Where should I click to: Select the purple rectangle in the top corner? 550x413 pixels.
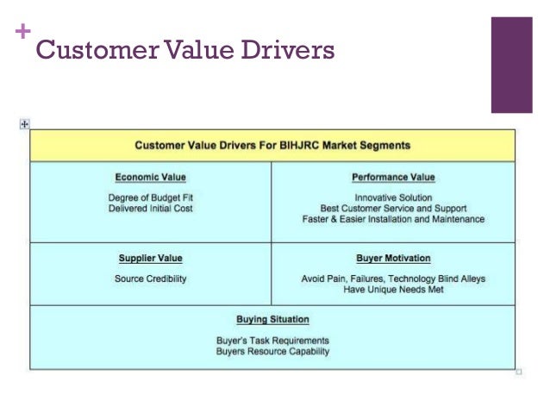coord(511,65)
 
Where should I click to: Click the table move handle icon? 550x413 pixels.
coord(24,124)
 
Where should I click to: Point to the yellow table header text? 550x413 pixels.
coord(272,145)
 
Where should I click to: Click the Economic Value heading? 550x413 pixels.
coord(151,178)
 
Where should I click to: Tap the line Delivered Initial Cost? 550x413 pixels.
coord(151,208)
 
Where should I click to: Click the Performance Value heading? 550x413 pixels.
coord(393,178)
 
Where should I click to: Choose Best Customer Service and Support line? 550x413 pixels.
coord(393,208)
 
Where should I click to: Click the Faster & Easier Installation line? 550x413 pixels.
coord(393,220)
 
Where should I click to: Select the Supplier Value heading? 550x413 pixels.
coord(151,258)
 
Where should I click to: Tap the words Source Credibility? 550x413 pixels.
coord(150,278)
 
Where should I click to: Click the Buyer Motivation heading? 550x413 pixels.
coord(393,258)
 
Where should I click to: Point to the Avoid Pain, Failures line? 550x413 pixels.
coord(393,278)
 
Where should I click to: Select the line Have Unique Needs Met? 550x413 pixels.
coord(393,291)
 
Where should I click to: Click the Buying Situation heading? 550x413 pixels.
coord(272,320)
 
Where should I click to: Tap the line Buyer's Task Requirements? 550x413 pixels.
coord(272,340)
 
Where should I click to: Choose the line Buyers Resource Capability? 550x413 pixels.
coord(272,352)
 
